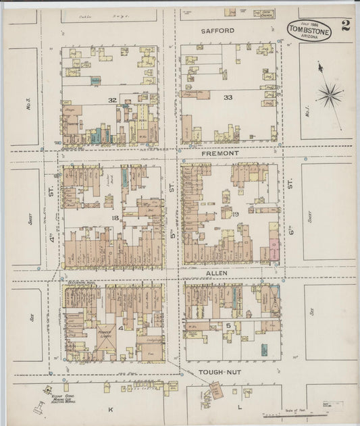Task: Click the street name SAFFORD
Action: click(x=217, y=31)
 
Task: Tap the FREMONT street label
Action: click(x=220, y=154)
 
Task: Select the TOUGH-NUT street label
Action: click(x=218, y=371)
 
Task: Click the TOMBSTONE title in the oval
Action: click(x=309, y=30)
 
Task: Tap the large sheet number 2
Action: click(x=346, y=26)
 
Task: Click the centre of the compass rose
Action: click(x=330, y=94)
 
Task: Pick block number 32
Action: click(x=112, y=100)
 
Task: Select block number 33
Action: click(x=228, y=98)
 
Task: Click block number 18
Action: click(x=115, y=218)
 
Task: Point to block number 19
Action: click(x=236, y=215)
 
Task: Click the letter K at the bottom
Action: click(x=109, y=409)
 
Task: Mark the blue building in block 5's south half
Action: click(x=263, y=349)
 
